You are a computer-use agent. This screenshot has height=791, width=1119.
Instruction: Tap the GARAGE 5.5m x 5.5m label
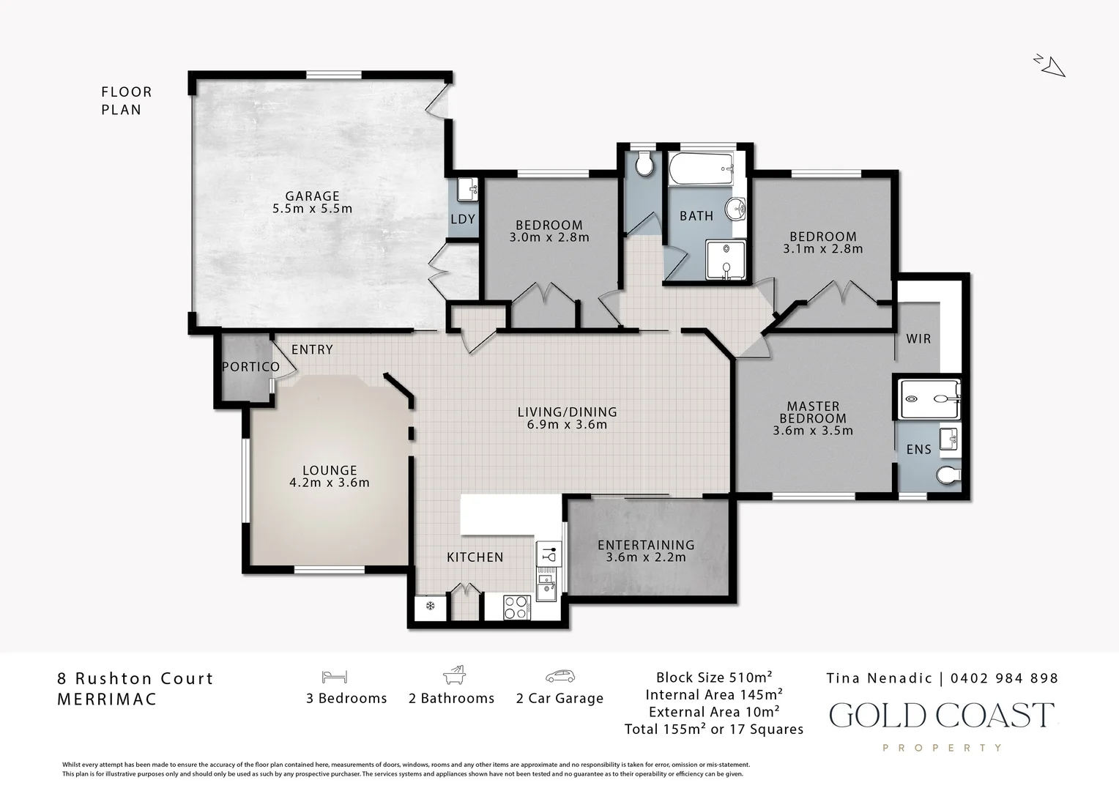[x=312, y=202]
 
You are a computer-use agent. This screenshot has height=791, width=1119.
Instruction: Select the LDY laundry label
[x=463, y=219]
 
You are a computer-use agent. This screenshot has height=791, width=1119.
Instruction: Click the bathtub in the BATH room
[x=701, y=170]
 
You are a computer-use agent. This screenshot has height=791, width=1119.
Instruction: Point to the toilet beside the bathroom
[x=644, y=165]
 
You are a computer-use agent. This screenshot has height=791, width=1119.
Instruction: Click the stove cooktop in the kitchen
[x=517, y=607]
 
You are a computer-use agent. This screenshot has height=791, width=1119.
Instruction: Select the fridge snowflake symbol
[x=431, y=606]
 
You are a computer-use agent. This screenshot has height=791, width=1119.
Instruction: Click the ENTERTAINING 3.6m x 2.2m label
[x=646, y=551]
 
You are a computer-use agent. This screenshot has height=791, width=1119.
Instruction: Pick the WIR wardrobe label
[x=918, y=339]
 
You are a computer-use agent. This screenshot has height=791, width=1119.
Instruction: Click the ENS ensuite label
[x=918, y=450]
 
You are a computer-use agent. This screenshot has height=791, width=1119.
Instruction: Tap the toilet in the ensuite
[x=948, y=476]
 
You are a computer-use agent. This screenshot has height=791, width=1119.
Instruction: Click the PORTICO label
[x=250, y=367]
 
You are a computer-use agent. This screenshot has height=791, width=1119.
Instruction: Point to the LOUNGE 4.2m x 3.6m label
[x=330, y=476]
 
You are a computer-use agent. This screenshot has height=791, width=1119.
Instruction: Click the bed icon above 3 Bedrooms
[x=334, y=676]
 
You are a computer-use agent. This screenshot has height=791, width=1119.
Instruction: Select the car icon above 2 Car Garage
[x=559, y=676]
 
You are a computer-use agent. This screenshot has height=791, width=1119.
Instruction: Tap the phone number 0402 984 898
[x=1004, y=678]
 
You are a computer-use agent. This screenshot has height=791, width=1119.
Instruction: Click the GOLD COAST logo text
[x=941, y=715]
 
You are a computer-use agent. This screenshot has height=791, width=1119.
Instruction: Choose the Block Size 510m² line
[x=714, y=677]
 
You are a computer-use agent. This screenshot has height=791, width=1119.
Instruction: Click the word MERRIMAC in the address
[x=107, y=699]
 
